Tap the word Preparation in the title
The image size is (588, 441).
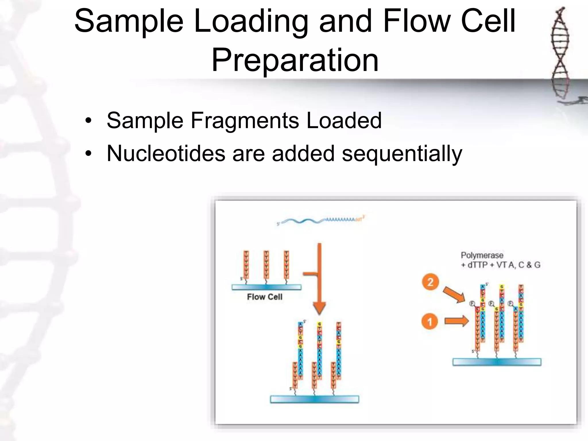pyautogui.click(x=295, y=60)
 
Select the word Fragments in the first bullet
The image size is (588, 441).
pyautogui.click(x=244, y=120)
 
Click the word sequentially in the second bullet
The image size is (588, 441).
pyautogui.click(x=402, y=154)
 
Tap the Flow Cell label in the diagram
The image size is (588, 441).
pyautogui.click(x=264, y=297)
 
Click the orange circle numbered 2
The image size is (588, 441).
pyautogui.click(x=430, y=282)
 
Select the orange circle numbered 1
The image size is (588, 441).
pyautogui.click(x=430, y=322)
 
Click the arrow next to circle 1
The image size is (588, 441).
pyautogui.click(x=457, y=321)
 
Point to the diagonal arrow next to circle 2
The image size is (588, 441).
pyautogui.click(x=454, y=294)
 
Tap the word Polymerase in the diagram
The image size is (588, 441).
pyautogui.click(x=482, y=255)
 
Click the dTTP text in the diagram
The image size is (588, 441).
pyautogui.click(x=477, y=265)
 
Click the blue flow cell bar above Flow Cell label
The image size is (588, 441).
pyautogui.click(x=266, y=287)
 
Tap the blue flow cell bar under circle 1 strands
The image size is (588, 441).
pyautogui.click(x=497, y=362)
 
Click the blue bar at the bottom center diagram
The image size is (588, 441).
pyautogui.click(x=314, y=399)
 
